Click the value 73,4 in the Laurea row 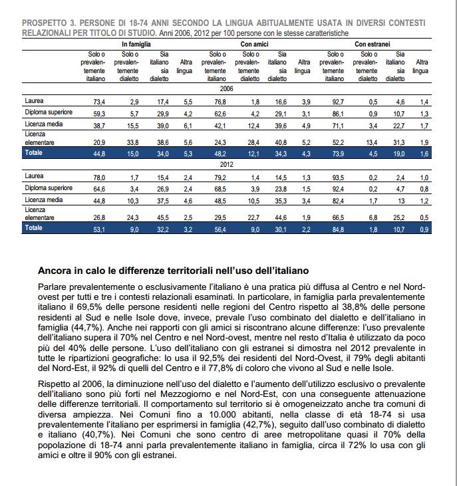click(99, 102)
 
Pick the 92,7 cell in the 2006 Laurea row click(338, 102)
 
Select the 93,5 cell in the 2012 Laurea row click(338, 178)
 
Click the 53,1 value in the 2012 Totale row click(99, 228)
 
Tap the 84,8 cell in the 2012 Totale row click(338, 228)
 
